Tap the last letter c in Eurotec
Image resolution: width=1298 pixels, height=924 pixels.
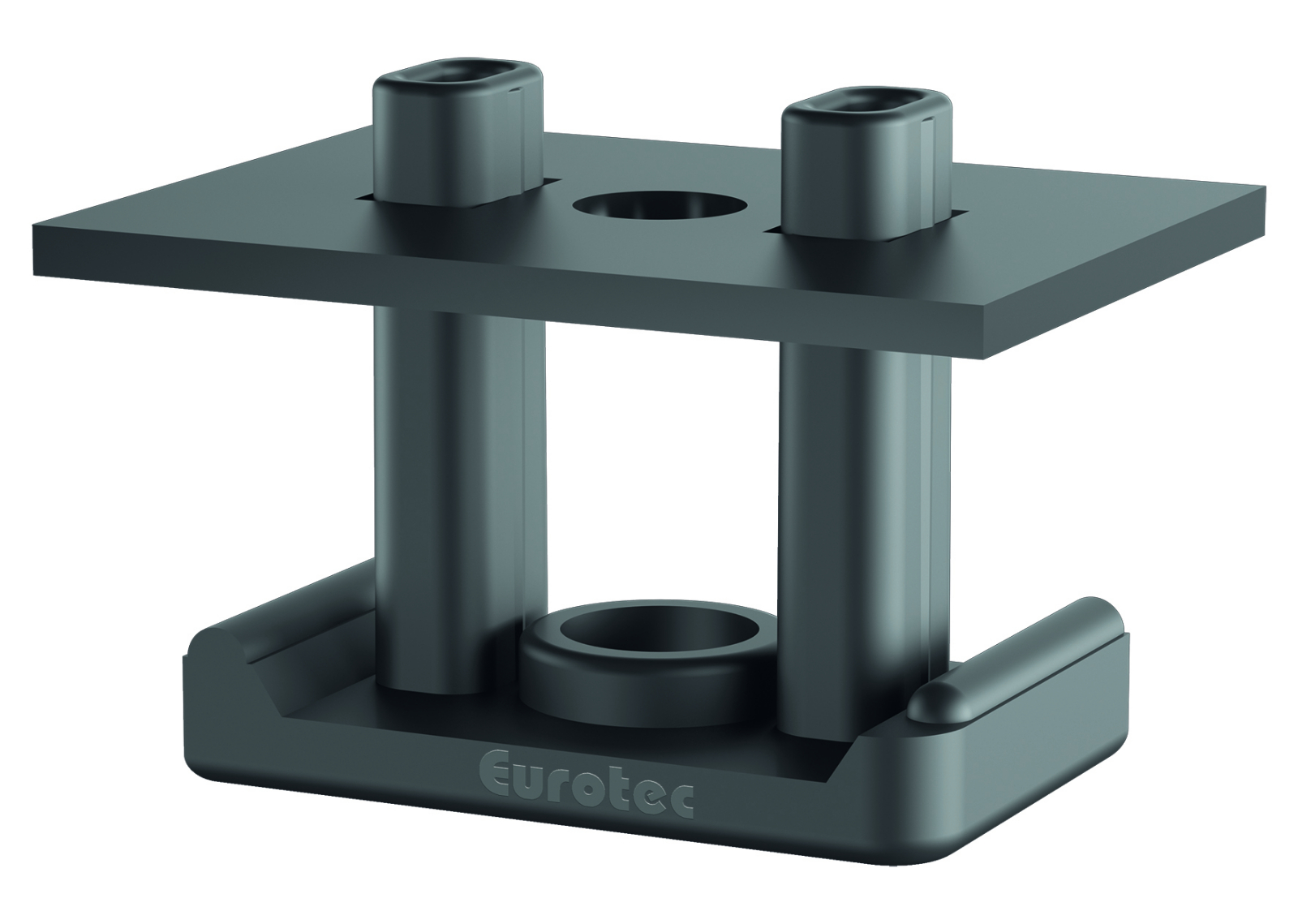point(680,803)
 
